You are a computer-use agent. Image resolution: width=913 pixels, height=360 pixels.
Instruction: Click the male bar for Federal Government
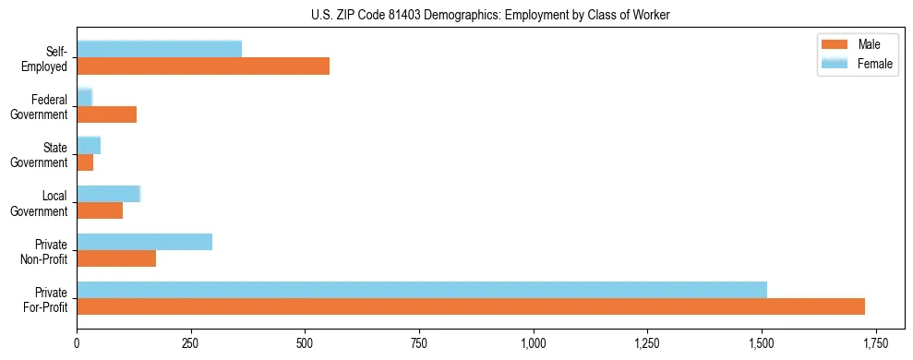[x=107, y=114]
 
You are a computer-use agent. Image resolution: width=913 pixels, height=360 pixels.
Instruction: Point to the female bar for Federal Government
[x=85, y=97]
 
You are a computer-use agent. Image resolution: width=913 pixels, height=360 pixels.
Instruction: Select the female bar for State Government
[x=89, y=145]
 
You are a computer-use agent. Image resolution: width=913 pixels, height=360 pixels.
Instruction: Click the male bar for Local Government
[x=100, y=210]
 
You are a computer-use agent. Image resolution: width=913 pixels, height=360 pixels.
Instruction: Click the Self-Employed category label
[x=49, y=58]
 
